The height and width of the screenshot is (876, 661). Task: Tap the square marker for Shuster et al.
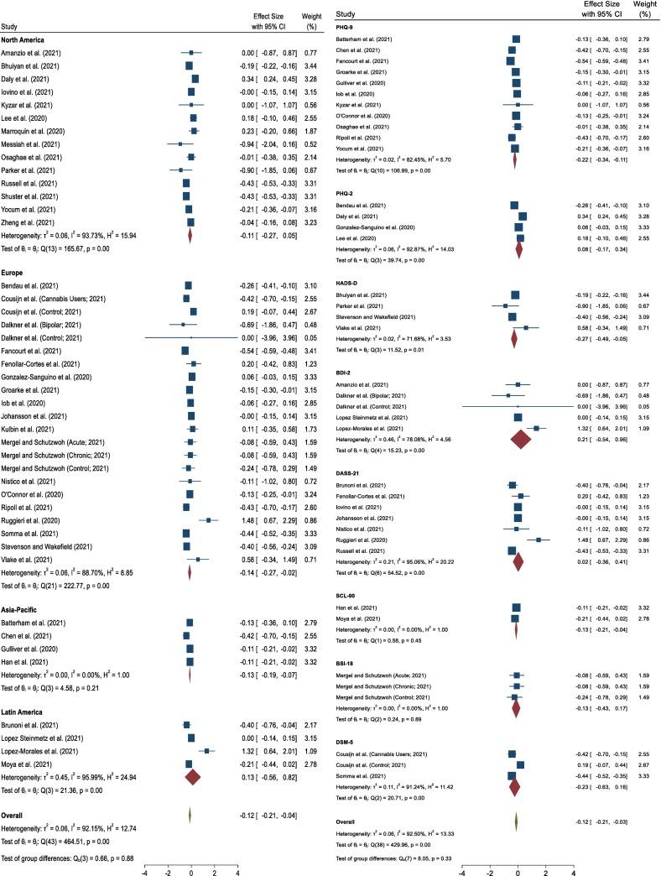(x=186, y=196)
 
